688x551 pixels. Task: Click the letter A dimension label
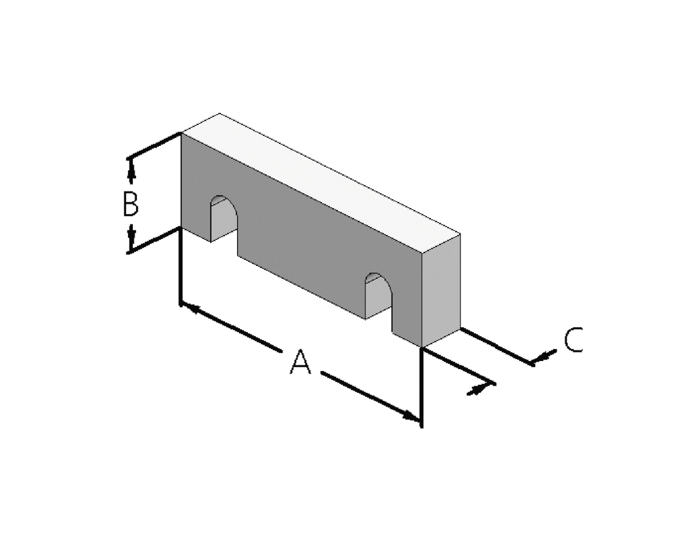[300, 362]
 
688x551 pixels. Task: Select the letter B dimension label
[131, 204]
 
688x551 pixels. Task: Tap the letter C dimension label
[573, 340]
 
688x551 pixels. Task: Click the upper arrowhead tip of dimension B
[131, 159]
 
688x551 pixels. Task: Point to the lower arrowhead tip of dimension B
[131, 252]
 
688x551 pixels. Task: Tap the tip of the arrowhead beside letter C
[530, 363]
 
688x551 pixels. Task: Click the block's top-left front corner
[181, 132]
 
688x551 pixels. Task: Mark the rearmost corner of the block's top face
[219, 114]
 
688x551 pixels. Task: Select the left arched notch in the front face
[224, 218]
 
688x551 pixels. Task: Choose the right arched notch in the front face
[378, 296]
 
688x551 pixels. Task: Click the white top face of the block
[321, 183]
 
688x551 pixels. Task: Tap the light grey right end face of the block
[441, 291]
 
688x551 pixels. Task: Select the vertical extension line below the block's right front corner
[422, 387]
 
